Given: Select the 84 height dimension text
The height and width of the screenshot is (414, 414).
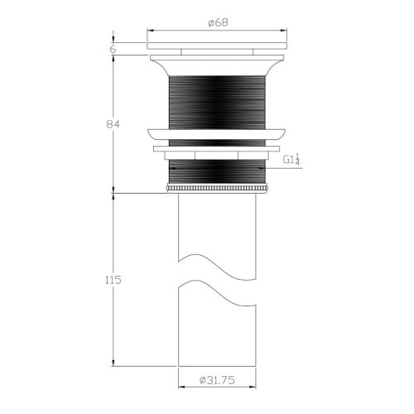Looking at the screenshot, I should point(114,123).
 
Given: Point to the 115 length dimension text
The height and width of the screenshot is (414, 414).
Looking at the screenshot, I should point(113,280).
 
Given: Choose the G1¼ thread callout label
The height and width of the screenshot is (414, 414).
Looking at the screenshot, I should point(291,160).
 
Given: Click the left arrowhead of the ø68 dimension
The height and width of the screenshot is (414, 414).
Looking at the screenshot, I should point(150,30).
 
